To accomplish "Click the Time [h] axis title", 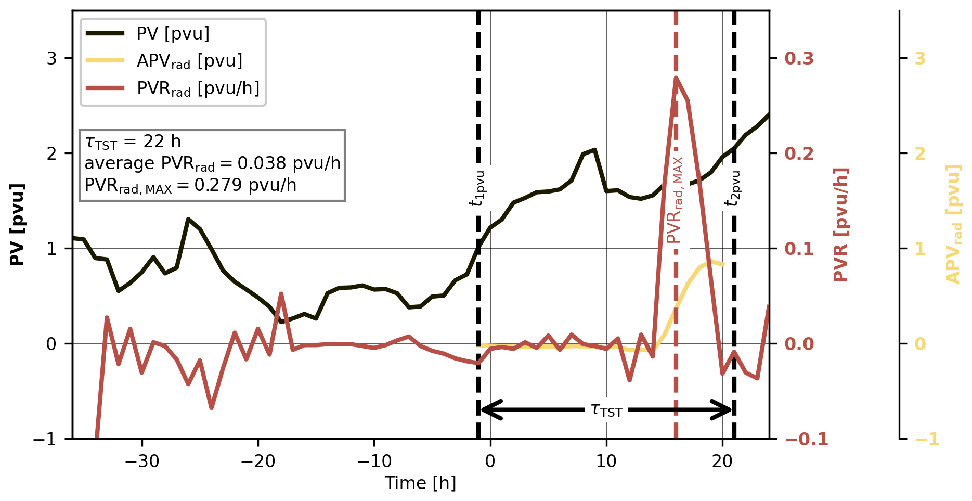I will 420,483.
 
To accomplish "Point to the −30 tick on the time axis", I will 141,461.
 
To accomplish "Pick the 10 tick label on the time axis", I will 606,461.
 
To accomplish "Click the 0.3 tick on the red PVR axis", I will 799,58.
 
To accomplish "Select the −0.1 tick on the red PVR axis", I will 806,440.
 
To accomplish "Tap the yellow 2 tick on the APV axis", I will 920,154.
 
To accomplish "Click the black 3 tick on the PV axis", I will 51,58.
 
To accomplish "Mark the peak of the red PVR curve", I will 676,78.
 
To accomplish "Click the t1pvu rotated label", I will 478,188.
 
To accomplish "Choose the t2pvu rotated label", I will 733,188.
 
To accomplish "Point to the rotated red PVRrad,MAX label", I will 675,200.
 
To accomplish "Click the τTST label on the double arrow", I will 606,410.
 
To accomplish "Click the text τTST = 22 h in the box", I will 133,142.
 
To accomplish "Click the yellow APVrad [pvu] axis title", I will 953,224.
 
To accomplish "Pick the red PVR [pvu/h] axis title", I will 841,224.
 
